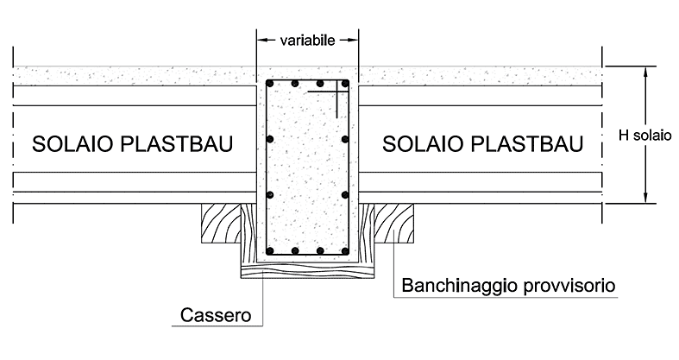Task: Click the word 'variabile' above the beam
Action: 307,41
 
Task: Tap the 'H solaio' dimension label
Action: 644,136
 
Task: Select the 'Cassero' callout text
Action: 216,315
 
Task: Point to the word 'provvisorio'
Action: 569,287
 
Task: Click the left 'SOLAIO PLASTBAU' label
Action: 133,144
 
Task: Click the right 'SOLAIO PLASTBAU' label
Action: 482,144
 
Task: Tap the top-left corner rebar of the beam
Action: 270,83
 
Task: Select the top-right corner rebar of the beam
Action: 345,83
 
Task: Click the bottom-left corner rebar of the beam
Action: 270,251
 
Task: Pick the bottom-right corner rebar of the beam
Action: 345,251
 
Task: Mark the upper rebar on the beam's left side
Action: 270,139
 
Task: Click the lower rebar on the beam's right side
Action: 345,195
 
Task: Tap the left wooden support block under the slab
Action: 221,223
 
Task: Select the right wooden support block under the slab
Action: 393,223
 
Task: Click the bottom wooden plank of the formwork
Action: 307,270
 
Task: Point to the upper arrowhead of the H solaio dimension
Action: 645,73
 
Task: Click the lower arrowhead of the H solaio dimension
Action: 645,197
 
